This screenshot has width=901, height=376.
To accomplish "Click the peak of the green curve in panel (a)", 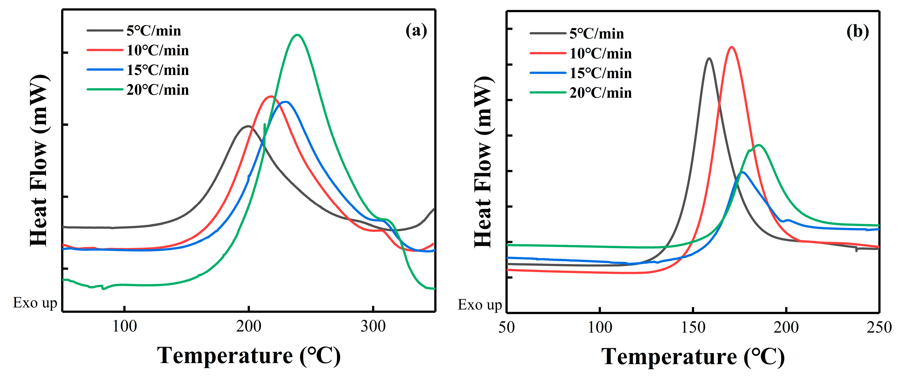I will [297, 35].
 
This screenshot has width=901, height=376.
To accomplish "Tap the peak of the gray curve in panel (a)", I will [248, 126].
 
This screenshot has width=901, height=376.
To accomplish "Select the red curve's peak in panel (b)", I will [731, 47].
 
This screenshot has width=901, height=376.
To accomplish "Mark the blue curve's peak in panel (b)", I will [742, 172].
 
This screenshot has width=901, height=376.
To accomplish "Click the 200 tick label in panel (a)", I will [248, 327].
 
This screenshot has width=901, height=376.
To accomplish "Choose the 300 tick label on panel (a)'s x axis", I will [373, 327].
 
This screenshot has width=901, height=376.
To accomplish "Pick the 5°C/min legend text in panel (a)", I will [154, 31].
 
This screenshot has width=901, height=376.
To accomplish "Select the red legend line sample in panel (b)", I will [548, 53].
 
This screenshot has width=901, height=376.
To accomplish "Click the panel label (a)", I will [416, 31].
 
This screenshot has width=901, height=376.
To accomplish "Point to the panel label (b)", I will [857, 32].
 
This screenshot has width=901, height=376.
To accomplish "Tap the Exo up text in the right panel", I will [480, 305].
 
